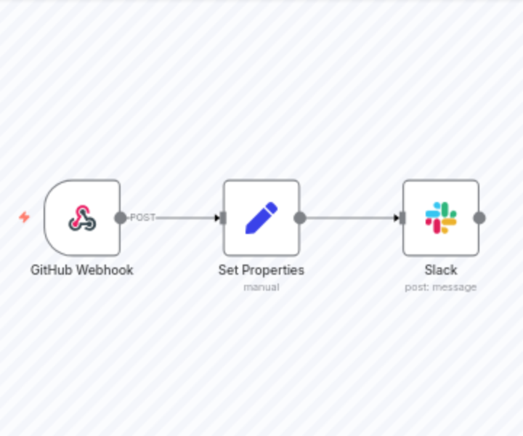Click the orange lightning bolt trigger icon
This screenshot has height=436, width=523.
24,217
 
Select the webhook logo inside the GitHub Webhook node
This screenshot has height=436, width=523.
82,218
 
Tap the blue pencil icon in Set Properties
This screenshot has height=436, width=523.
261,218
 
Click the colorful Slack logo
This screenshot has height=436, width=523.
441,218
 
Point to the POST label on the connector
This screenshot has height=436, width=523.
142,217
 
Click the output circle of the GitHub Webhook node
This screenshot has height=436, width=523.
121,218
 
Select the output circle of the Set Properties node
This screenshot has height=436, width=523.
300,218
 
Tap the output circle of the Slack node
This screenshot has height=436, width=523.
479,218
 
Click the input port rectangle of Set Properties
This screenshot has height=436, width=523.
223,218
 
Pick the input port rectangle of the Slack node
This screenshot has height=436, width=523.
402,218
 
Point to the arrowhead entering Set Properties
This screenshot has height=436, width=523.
216,218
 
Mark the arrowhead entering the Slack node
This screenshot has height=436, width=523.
396,218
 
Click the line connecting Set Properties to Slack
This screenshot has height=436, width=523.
349,218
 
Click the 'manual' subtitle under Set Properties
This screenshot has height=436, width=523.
261,287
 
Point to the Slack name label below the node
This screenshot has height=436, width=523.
441,270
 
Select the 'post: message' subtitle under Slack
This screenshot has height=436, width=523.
441,287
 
